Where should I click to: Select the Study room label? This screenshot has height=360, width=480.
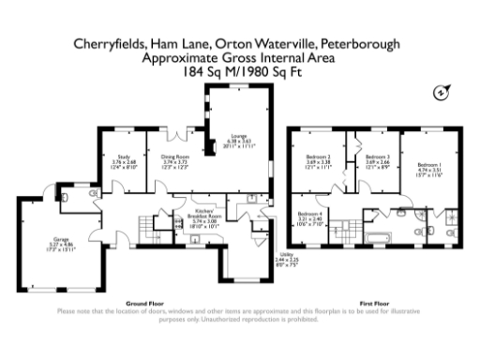[x=125, y=161]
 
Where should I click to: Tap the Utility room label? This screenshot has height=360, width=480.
[x=286, y=257]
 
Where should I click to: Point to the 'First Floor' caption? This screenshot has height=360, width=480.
[x=374, y=303]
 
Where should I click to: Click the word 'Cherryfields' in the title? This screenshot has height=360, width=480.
[x=105, y=45]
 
